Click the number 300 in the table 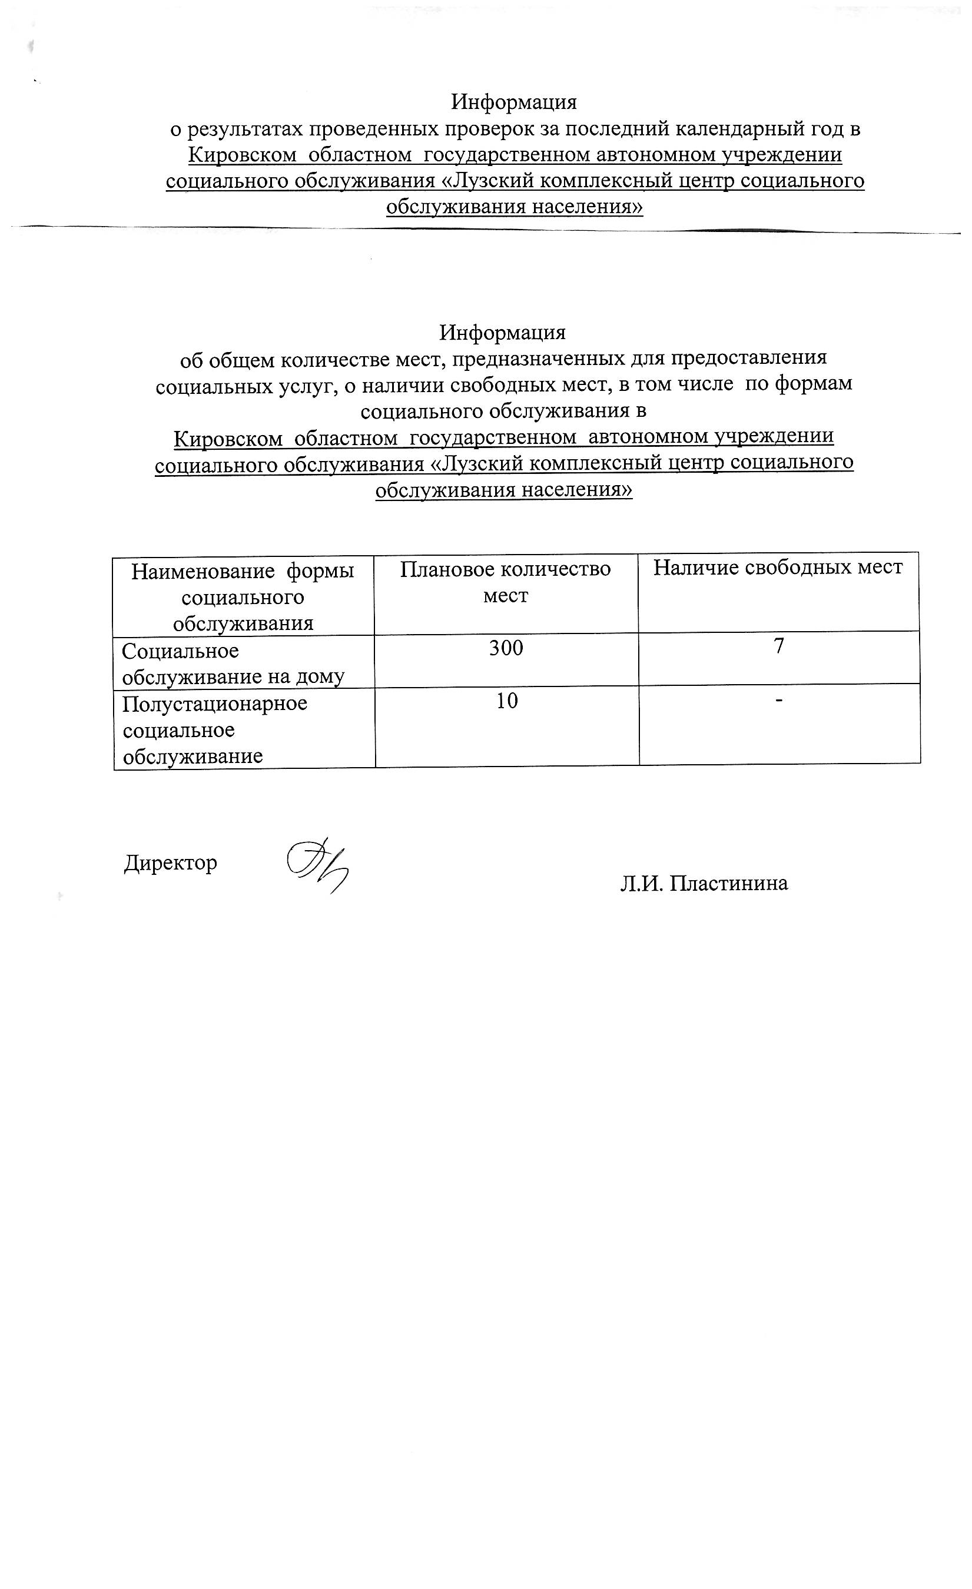tap(506, 648)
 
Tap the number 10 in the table tap(507, 701)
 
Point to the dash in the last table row tap(779, 701)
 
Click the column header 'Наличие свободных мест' tap(778, 567)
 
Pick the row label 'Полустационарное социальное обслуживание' tap(215, 729)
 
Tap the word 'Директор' tap(170, 863)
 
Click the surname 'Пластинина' tap(728, 883)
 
